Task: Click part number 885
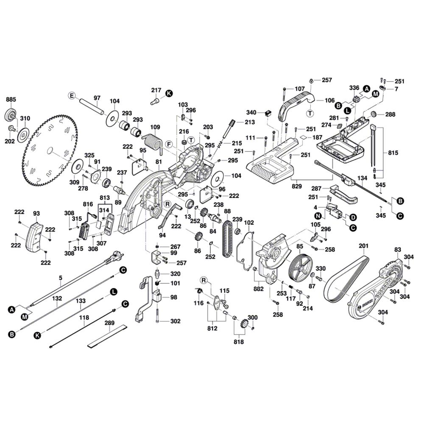[11, 100]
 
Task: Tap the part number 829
[297, 185]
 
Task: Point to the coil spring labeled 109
[151, 140]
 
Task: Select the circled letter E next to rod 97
[72, 96]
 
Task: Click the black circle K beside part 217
[169, 93]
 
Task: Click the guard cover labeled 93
[34, 235]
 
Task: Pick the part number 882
[258, 289]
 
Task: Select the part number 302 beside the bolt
[175, 321]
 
